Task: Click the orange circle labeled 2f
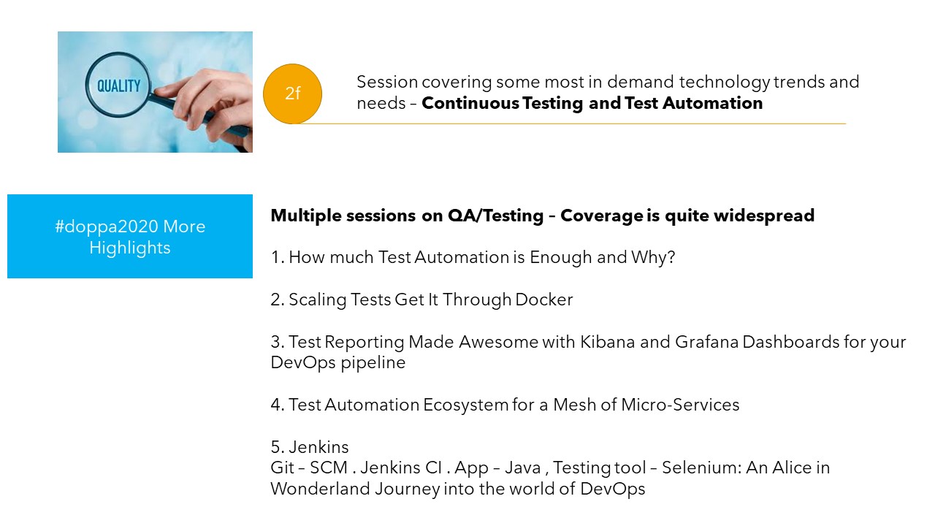click(x=292, y=94)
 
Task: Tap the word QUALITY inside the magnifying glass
click(x=119, y=86)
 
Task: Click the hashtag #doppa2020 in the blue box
click(x=107, y=226)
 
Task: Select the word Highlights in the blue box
click(x=130, y=248)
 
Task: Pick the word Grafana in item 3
click(x=706, y=342)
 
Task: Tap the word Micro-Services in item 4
click(x=680, y=405)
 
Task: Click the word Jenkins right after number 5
click(x=318, y=447)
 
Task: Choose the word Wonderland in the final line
click(x=320, y=489)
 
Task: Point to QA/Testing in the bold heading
click(x=495, y=216)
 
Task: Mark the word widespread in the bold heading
click(x=764, y=216)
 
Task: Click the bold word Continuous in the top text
click(x=470, y=103)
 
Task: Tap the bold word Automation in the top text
click(x=712, y=103)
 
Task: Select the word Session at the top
click(x=387, y=82)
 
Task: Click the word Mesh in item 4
click(x=574, y=405)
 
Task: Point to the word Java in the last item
click(x=522, y=468)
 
